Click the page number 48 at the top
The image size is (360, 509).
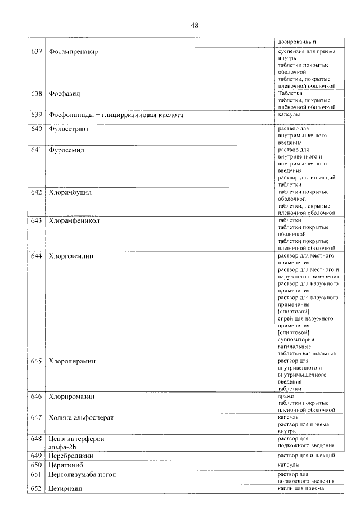point(195,25)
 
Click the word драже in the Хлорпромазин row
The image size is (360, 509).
point(286,396)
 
